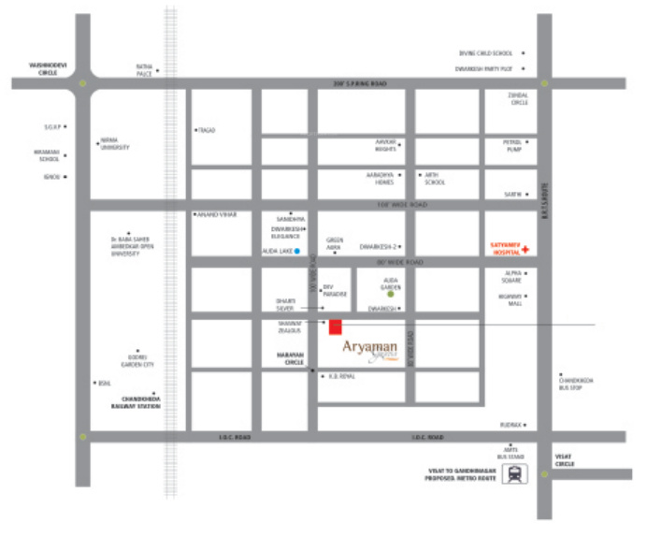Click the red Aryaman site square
(335, 326)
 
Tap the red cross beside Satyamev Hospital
(525, 250)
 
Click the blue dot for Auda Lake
(297, 252)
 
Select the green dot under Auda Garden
(391, 294)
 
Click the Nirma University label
(115, 144)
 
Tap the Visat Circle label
(564, 460)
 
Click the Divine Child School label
(485, 53)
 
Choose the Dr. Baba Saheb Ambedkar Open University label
(130, 246)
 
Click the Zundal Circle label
(519, 99)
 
